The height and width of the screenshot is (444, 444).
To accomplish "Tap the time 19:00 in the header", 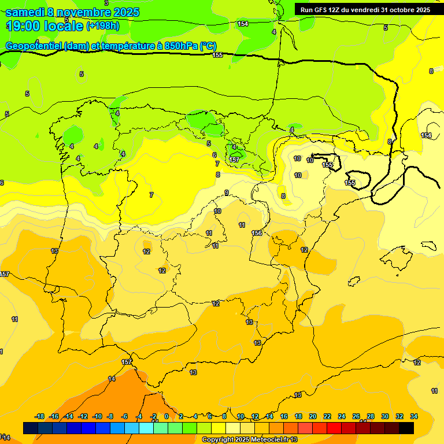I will click(x=21, y=26).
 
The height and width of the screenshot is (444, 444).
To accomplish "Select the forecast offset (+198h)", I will click(x=103, y=26).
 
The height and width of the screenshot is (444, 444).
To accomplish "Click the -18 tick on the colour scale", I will click(x=40, y=416).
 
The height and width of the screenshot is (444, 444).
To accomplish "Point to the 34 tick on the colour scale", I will click(x=413, y=416).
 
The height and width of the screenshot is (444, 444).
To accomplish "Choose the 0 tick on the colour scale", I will click(x=166, y=416).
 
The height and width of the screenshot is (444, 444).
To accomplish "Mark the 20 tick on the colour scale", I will click(x=313, y=416).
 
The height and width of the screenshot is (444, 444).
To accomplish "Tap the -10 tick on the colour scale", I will click(x=97, y=416).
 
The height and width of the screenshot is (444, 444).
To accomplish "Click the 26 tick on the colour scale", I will click(x=356, y=416).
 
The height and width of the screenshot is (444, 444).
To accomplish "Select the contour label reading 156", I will click(x=257, y=233).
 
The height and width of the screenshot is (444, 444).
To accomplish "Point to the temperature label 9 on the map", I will click(x=226, y=193).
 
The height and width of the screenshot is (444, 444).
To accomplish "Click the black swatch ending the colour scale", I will click(x=406, y=428).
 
